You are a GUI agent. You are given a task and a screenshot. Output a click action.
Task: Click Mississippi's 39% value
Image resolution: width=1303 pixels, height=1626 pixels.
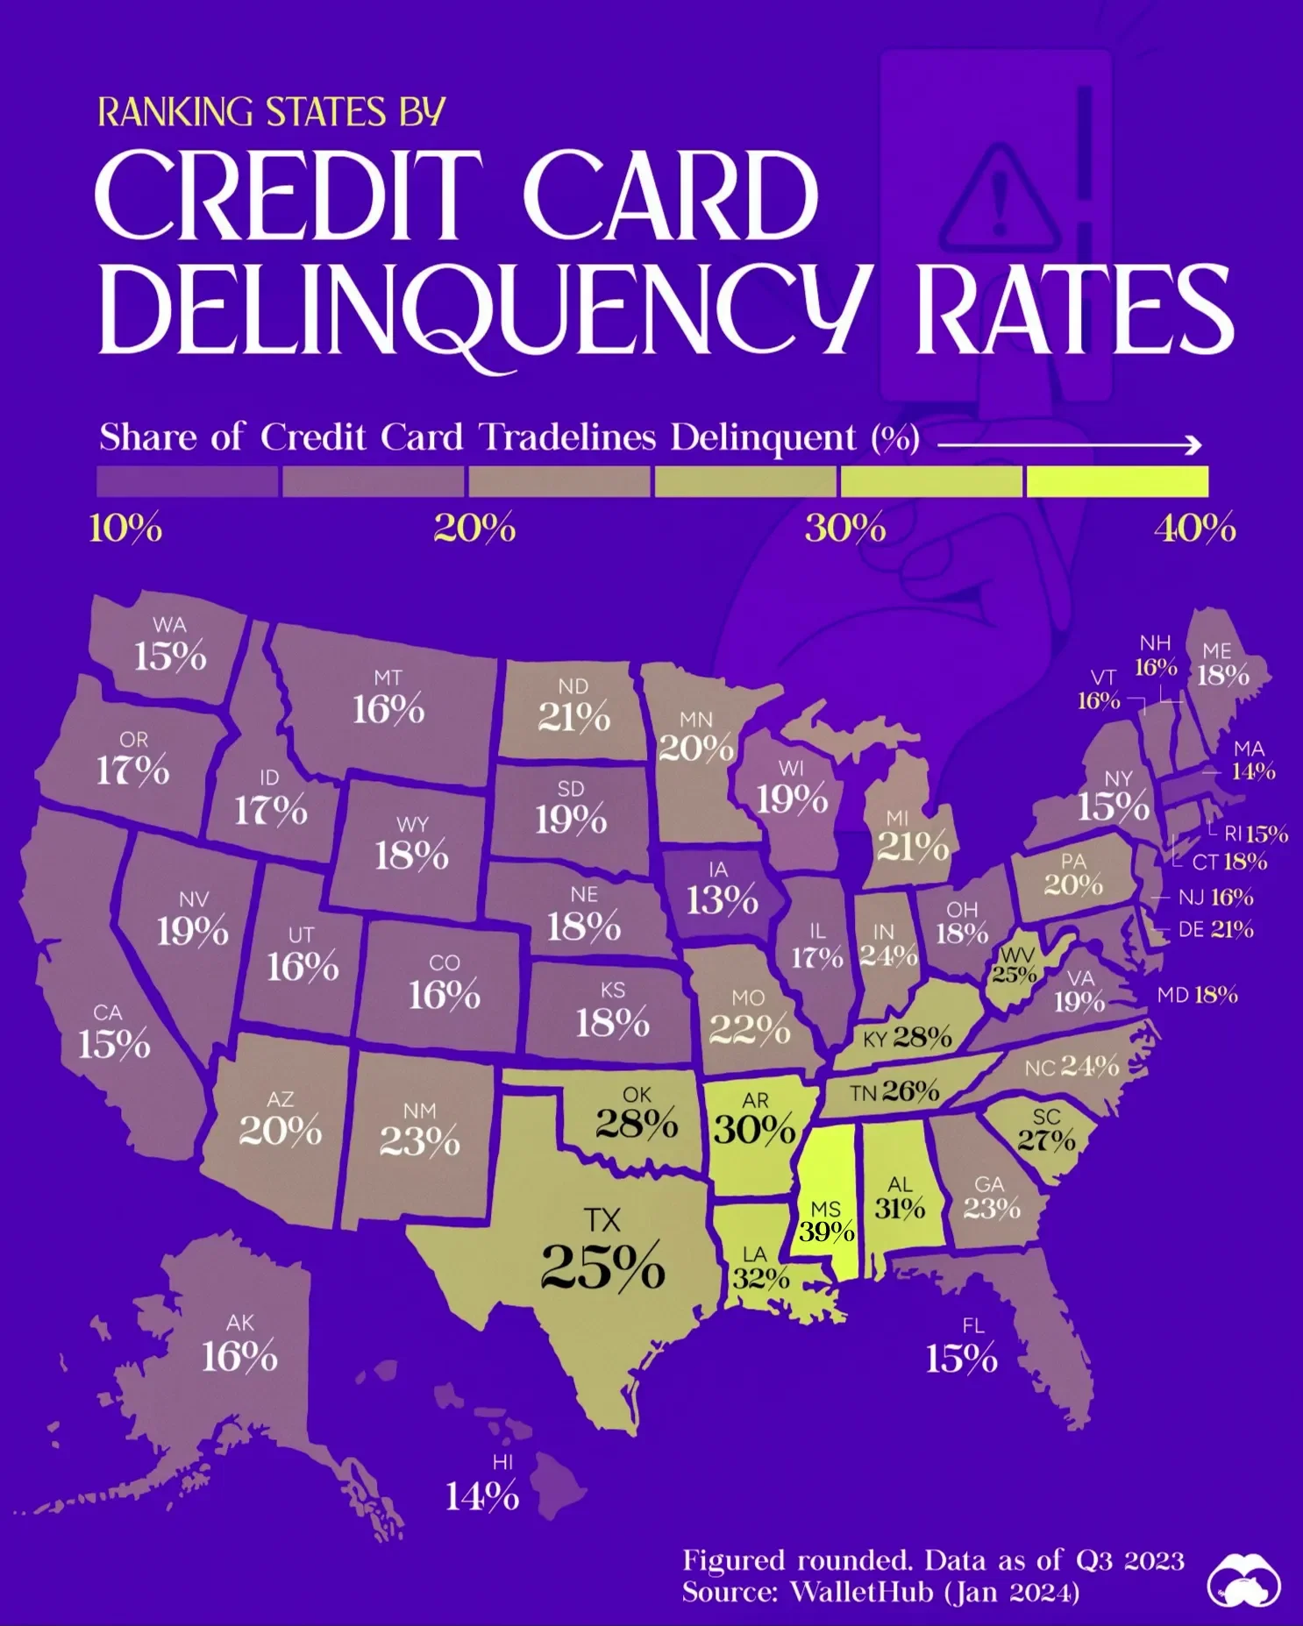(x=826, y=1232)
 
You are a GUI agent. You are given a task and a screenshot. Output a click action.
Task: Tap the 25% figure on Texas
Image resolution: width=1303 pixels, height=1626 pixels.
(x=602, y=1267)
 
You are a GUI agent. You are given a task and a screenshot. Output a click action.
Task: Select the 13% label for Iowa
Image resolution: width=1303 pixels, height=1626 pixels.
(x=722, y=900)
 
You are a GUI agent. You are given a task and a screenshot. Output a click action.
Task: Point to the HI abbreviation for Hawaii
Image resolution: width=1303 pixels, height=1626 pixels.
(x=502, y=1462)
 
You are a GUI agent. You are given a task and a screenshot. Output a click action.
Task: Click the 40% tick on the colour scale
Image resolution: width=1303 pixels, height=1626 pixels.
(x=1194, y=529)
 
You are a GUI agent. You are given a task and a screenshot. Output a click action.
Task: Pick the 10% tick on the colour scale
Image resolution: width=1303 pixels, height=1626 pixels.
(x=125, y=529)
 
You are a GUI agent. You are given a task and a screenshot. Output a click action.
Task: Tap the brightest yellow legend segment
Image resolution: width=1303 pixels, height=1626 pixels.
(x=1117, y=481)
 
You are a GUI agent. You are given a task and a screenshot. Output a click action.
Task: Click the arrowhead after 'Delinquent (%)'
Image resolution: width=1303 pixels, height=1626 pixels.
(x=1193, y=445)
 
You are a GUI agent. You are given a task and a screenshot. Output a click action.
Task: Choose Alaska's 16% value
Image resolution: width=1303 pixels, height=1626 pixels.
(x=239, y=1357)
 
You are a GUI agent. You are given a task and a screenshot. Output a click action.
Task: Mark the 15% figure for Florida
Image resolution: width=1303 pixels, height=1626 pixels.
(x=961, y=1359)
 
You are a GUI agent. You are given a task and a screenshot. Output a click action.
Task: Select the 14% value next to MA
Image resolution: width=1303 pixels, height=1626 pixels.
(x=1253, y=771)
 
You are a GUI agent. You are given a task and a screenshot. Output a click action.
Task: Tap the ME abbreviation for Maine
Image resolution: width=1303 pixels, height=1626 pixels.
(x=1217, y=651)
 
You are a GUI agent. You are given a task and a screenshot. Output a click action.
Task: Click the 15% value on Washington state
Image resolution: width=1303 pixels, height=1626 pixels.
(x=170, y=656)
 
